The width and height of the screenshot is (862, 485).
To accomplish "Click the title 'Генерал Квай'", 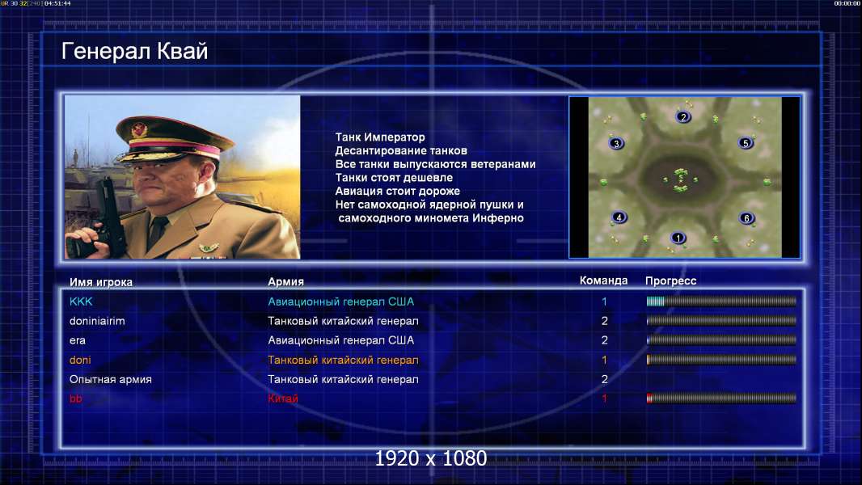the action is tap(135, 51).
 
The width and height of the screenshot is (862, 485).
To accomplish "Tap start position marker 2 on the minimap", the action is tap(682, 117).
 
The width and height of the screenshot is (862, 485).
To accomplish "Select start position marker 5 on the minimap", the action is tap(746, 143).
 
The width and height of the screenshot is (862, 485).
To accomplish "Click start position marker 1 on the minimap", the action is tap(678, 238).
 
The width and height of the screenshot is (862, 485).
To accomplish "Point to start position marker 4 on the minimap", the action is tap(619, 217).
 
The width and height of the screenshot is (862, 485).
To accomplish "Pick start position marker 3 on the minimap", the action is tap(616, 144).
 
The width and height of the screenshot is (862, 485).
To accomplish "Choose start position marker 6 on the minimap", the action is tap(746, 218).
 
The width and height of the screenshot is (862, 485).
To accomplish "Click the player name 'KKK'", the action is tap(81, 302).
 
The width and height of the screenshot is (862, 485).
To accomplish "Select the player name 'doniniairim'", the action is tap(97, 321).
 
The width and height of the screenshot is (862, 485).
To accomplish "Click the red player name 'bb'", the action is tap(76, 399).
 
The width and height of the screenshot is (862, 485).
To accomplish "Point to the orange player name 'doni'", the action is tap(80, 361).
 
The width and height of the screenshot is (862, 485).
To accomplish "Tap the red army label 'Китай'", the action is tap(282, 399).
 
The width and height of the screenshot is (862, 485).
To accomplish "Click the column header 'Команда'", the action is tap(603, 280).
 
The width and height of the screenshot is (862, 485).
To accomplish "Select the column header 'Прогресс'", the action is tap(670, 281).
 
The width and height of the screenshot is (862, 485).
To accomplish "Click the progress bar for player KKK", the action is tap(721, 301).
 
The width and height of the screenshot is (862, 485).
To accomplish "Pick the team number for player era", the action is tap(605, 340).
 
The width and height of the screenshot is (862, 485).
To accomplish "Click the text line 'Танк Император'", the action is tap(380, 137).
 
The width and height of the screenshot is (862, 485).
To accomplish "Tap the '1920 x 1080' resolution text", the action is tap(431, 458).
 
